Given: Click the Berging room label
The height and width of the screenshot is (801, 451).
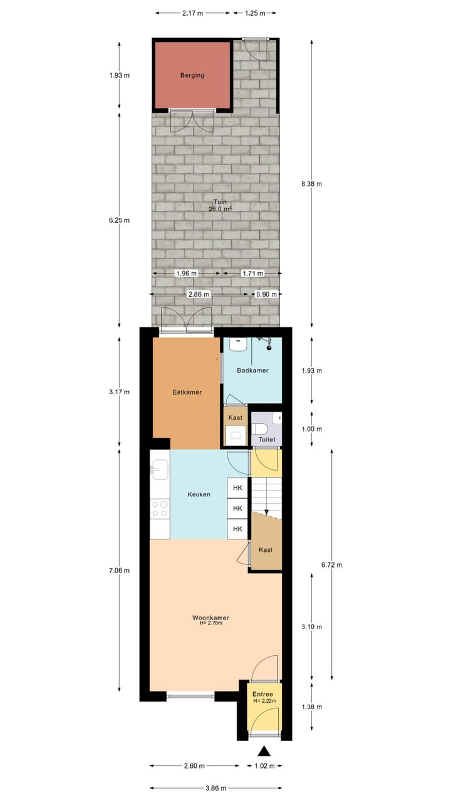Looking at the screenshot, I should pyautogui.click(x=192, y=75).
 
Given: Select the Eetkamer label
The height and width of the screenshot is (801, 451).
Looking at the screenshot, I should pyautogui.click(x=187, y=392).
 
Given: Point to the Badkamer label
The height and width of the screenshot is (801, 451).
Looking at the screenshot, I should pyautogui.click(x=252, y=370).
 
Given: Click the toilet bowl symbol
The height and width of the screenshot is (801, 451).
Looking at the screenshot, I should pyautogui.click(x=261, y=429).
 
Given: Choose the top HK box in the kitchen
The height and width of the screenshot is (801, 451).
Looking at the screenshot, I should pyautogui.click(x=237, y=488).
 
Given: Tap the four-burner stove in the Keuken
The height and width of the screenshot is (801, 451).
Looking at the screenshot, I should pyautogui.click(x=160, y=508).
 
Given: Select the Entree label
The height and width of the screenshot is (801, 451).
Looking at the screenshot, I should pyautogui.click(x=262, y=695).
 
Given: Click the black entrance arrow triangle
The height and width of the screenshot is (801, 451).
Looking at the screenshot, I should pyautogui.click(x=264, y=752).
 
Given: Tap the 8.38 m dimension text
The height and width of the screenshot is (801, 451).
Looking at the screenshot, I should pyautogui.click(x=311, y=183).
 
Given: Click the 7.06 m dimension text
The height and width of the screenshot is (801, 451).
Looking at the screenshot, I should pyautogui.click(x=119, y=570).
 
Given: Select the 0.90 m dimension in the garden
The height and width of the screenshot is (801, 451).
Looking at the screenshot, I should pyautogui.click(x=266, y=293).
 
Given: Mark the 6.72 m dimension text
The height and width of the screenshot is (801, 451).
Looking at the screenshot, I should pyautogui.click(x=331, y=564).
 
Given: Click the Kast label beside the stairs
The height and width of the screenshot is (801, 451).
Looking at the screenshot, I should pyautogui.click(x=266, y=549).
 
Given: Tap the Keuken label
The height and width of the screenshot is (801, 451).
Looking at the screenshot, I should pyautogui.click(x=199, y=494).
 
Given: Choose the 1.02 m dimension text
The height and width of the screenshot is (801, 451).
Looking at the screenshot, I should pyautogui.click(x=262, y=765).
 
